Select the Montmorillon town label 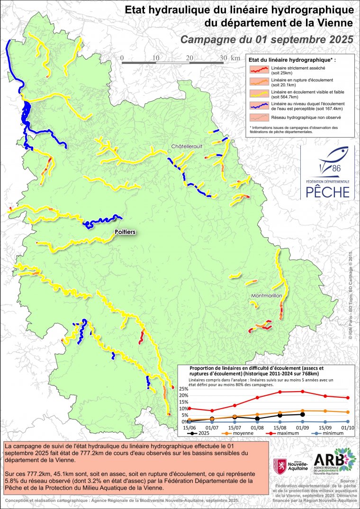[x=267, y=296]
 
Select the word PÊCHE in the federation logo [x=327, y=192]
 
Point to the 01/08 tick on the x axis [x=257, y=427]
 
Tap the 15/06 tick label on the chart [x=189, y=427]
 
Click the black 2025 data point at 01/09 [x=303, y=414]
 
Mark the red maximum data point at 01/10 [x=348, y=398]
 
